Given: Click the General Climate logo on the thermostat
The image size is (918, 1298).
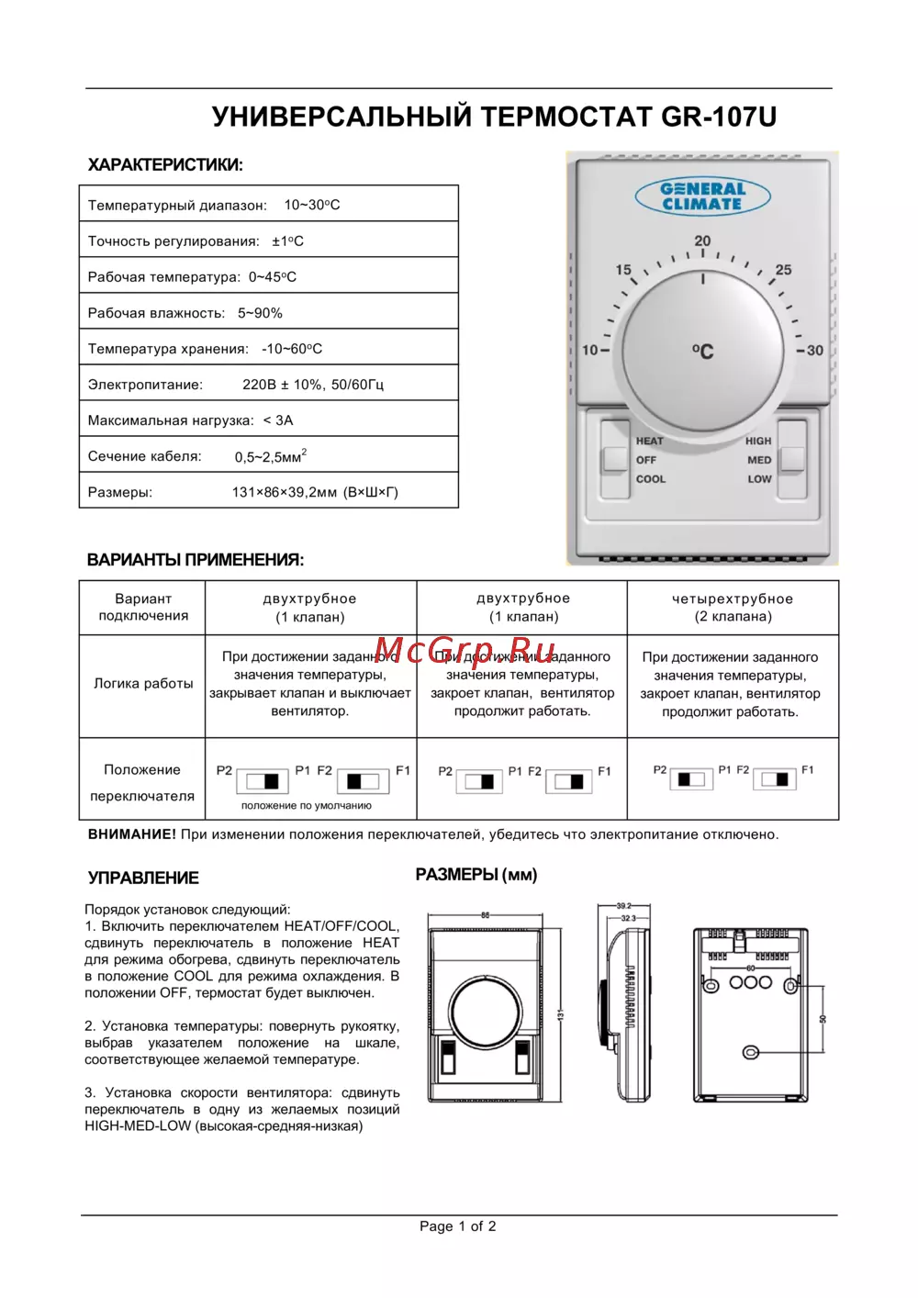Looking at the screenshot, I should point(702,196).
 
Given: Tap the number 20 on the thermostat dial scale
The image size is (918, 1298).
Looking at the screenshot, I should point(702,241).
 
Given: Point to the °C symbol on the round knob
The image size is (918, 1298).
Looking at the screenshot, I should point(702,351).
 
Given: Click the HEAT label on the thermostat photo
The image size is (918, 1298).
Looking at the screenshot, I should point(649,441).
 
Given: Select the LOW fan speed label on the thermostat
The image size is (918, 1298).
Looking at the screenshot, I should point(759,479).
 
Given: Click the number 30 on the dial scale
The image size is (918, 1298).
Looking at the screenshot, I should point(814,351).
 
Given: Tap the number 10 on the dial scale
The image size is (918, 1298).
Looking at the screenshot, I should point(589,351).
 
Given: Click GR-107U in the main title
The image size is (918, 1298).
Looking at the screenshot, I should point(719,117).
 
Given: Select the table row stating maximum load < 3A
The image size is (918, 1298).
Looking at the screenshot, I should point(268,420).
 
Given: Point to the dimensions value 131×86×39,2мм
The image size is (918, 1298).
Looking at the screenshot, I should point(315,493).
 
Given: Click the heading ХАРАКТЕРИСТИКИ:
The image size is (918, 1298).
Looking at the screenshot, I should point(165,166).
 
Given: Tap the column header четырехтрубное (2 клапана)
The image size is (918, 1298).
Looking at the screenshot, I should point(733,608).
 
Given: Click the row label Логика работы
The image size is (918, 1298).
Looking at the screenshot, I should point(143,684).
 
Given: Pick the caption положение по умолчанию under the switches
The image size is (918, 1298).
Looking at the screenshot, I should point(307,806).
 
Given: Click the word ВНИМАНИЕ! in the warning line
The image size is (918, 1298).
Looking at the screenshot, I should point(131,834).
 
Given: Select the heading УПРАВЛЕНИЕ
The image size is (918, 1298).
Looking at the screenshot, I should point(143,878).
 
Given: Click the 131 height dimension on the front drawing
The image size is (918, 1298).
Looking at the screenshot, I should point(560,1014).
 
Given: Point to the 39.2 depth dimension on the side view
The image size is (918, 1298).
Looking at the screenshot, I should point(624,906).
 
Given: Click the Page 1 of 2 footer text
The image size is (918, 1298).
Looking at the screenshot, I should point(458,1226).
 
